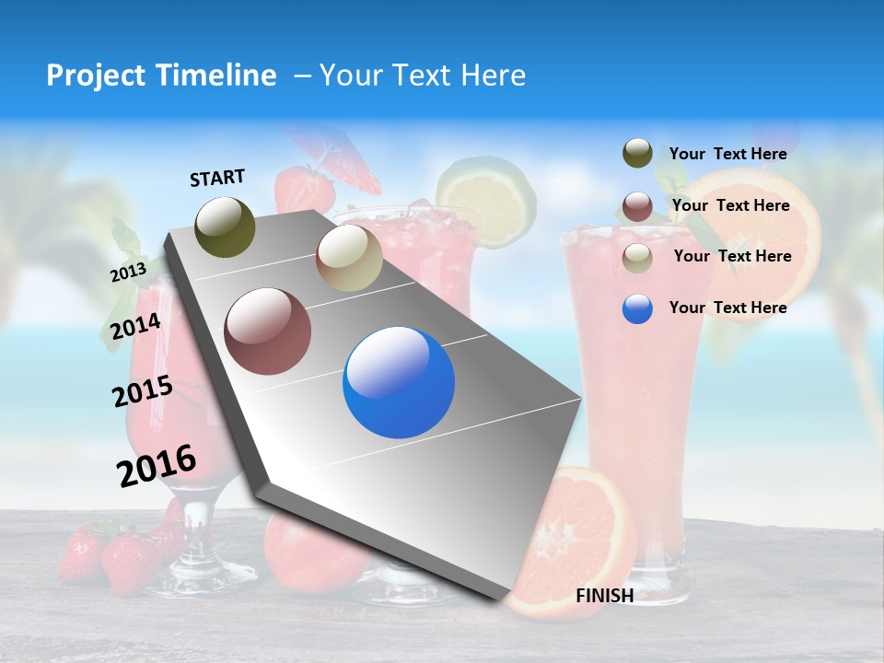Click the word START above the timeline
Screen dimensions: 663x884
[x=217, y=178]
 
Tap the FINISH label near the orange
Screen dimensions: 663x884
[x=604, y=596]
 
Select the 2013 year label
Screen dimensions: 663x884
[x=128, y=273]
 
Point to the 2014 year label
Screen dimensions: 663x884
[x=135, y=326]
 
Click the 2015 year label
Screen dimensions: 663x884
[x=142, y=390]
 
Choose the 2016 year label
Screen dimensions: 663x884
[x=157, y=465]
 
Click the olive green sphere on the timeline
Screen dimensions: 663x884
[x=226, y=227]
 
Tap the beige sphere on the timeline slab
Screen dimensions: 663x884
[x=349, y=259]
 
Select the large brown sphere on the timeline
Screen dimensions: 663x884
[x=268, y=331]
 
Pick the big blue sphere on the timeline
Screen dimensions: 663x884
[x=399, y=382]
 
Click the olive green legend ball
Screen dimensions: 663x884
[x=637, y=154]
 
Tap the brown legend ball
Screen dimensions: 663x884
[x=637, y=205]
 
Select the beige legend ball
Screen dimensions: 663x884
[x=637, y=257]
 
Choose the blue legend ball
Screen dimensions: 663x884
[x=637, y=308]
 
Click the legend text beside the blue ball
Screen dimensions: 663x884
[x=727, y=308]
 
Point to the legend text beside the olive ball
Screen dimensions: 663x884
[x=727, y=154]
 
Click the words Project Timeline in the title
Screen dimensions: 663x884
[x=161, y=76]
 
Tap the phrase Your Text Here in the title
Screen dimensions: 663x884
[x=422, y=76]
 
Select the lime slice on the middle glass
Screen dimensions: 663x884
[x=486, y=198]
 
